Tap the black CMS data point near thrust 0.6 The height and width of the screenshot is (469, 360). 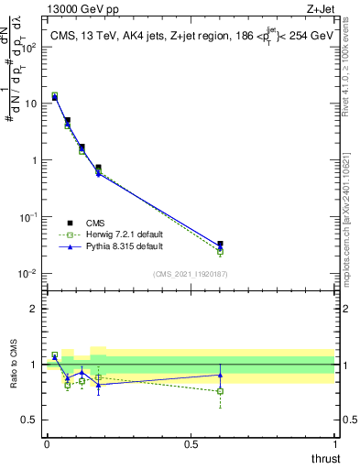click(220, 245)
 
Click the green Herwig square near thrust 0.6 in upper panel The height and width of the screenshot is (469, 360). click(220, 251)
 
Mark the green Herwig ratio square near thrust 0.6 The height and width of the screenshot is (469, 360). click(220, 391)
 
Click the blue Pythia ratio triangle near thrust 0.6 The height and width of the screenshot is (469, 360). click(220, 375)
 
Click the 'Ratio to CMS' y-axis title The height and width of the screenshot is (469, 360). click(15, 364)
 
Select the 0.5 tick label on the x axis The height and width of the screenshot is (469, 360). click(191, 445)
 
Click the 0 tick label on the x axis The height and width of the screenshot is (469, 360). click(47, 445)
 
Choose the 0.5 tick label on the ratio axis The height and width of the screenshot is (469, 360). click(31, 420)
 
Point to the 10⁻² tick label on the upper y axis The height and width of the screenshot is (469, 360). click(27, 274)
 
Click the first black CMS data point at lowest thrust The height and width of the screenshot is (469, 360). click(55, 96)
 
